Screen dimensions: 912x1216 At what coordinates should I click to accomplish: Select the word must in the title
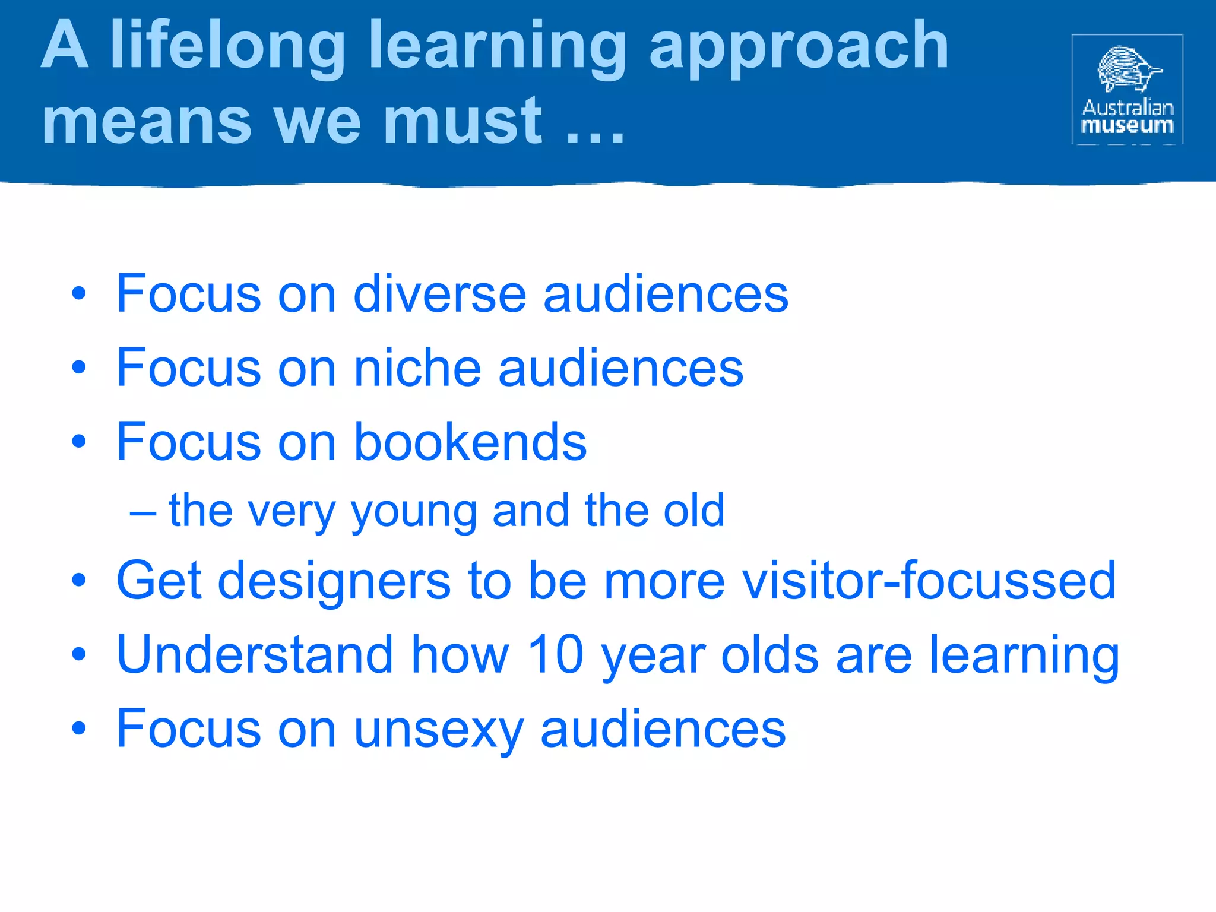pyautogui.click(x=463, y=122)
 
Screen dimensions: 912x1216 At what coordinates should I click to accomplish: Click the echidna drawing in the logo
pyautogui.click(x=1127, y=69)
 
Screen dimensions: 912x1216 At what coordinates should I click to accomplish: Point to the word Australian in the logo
pyautogui.click(x=1128, y=107)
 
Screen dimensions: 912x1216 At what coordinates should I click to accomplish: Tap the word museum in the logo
pyautogui.click(x=1128, y=126)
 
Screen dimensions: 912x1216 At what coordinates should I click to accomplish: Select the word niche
pyautogui.click(x=417, y=368)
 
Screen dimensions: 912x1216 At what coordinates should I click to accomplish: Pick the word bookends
pyautogui.click(x=470, y=442)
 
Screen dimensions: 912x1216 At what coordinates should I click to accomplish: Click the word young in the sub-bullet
pyautogui.click(x=414, y=512)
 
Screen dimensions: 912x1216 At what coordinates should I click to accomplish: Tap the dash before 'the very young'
pyautogui.click(x=143, y=512)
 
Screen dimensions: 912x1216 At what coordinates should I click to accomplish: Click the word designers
pyautogui.click(x=334, y=582)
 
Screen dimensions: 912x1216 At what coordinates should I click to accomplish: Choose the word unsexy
pyautogui.click(x=439, y=730)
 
